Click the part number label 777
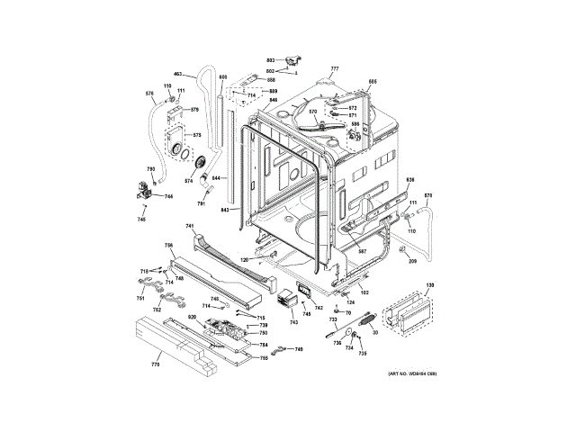334,69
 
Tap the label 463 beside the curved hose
177,73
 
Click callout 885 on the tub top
372,81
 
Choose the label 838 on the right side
409,182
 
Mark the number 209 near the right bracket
413,261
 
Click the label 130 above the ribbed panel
430,284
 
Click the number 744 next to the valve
168,195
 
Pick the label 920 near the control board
192,319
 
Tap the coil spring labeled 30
365,319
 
